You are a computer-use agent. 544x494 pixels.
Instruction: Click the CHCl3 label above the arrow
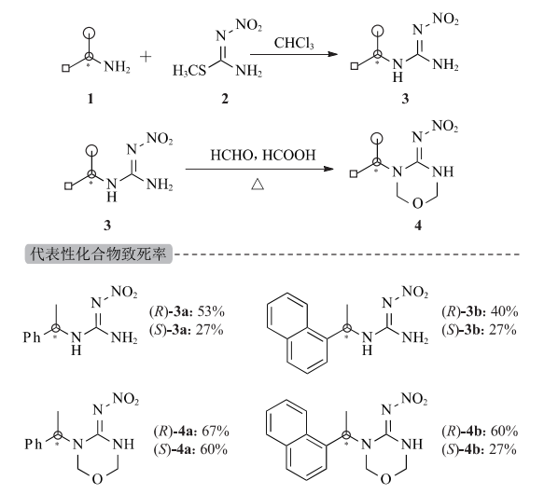[294, 43]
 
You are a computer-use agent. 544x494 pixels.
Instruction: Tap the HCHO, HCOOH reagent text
[263, 155]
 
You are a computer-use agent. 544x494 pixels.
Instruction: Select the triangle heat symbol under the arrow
[258, 185]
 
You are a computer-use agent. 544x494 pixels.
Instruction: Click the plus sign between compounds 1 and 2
[146, 57]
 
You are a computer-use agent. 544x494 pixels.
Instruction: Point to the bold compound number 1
[91, 99]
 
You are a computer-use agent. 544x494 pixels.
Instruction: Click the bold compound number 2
[225, 99]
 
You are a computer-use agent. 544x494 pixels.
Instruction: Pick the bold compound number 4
[418, 226]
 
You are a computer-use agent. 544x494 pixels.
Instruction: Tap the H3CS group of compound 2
[189, 71]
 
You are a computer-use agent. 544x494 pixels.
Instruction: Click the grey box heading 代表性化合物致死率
[99, 254]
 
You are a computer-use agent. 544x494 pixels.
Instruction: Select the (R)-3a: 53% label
[187, 311]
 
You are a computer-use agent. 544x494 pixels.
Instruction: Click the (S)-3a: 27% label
[187, 330]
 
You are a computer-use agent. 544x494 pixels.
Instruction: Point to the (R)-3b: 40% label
[480, 311]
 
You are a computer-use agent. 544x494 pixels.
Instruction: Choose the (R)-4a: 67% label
[191, 432]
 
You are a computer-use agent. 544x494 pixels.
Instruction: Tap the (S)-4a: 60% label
[190, 449]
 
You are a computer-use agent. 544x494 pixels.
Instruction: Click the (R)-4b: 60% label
[480, 432]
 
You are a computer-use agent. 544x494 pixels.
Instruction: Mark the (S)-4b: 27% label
[479, 449]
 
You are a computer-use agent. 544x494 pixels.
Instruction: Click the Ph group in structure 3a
[32, 337]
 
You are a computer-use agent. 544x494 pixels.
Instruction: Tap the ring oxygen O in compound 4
[417, 203]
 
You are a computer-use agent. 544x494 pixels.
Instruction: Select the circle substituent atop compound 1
[90, 34]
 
